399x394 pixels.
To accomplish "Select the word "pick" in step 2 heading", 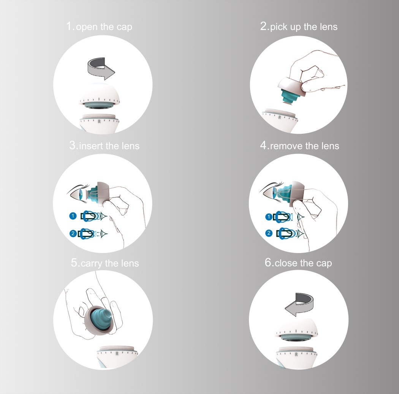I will [x=279, y=27].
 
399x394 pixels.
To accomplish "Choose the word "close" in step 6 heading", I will [x=286, y=263].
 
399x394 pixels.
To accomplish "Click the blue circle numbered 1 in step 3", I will [x=73, y=216].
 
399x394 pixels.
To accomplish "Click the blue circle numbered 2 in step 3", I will [x=73, y=233].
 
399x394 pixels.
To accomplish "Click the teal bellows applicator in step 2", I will [x=288, y=94].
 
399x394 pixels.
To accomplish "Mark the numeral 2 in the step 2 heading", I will [x=264, y=27].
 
